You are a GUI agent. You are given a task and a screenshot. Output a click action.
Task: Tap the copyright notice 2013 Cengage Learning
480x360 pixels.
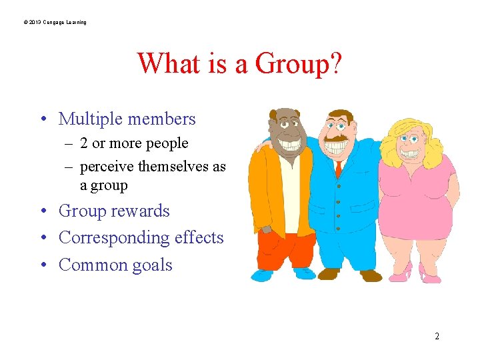(55, 23)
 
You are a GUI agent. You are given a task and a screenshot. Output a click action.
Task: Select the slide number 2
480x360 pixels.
(437, 336)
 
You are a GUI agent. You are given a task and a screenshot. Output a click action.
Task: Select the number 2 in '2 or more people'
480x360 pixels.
(84, 143)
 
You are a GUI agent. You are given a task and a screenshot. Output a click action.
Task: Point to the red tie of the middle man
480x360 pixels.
(338, 169)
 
